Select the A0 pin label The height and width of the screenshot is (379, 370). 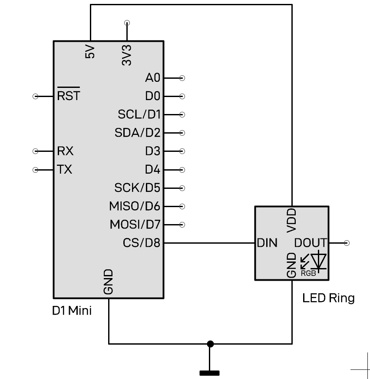click(152, 78)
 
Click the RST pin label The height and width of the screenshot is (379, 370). click(69, 96)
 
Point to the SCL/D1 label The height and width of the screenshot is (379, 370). click(139, 114)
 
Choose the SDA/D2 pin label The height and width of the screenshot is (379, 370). click(137, 133)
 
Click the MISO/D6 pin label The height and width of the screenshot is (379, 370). click(135, 206)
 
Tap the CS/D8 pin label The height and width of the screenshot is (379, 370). click(141, 243)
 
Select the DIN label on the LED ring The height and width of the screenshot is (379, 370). click(267, 243)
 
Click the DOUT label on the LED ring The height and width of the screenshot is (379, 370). click(310, 243)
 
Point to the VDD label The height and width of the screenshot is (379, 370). click(292, 220)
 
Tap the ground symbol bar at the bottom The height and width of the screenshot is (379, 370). click(209, 373)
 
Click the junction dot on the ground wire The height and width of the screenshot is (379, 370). click(210, 344)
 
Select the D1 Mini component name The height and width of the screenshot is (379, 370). click(72, 311)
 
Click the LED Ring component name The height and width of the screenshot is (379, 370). click(328, 298)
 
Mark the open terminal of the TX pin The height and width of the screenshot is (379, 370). click(36, 170)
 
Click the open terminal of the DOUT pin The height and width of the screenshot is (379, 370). click(346, 243)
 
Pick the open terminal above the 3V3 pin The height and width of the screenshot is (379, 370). click(127, 23)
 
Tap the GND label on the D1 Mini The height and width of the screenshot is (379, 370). click(109, 282)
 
